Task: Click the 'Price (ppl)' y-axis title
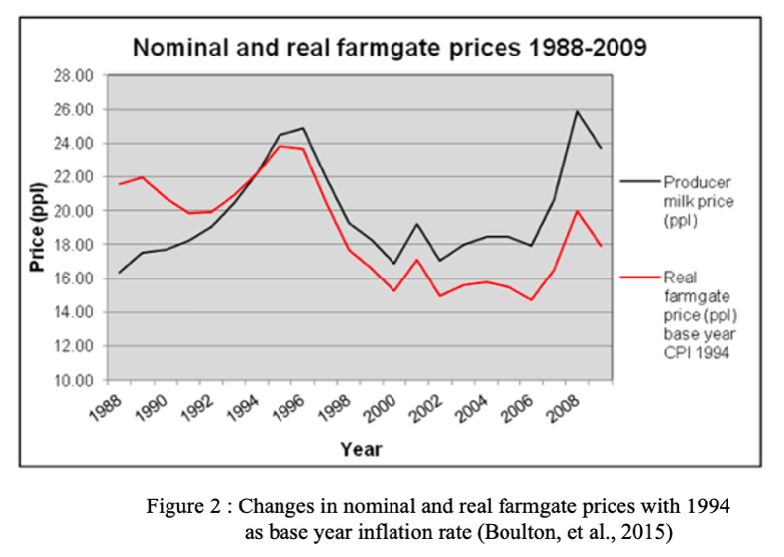pos(37,227)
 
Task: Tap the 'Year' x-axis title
pos(361,448)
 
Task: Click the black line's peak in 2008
pos(577,111)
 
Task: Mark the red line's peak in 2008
pos(577,211)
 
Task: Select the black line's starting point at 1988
pos(120,272)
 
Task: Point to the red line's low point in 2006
pos(532,300)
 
